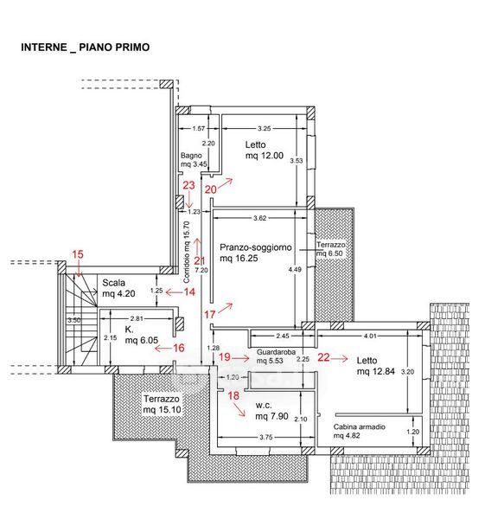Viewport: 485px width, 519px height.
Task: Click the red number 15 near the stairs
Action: tap(78, 254)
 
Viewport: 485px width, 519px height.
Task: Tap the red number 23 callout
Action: tap(188, 185)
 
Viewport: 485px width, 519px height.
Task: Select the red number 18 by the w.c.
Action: tap(233, 395)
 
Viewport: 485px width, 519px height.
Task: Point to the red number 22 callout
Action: tap(323, 357)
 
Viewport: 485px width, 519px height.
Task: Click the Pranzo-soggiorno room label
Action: tap(256, 247)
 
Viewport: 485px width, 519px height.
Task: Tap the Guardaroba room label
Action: tap(276, 352)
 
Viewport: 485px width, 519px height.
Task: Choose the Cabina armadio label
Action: tap(360, 426)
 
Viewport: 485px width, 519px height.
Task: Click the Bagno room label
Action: tap(191, 155)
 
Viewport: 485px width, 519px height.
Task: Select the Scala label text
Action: tap(113, 283)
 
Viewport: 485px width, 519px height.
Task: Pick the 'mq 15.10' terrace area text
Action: tap(163, 409)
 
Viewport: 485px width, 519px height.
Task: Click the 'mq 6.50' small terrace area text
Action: tap(329, 253)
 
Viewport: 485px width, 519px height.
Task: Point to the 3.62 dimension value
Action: tap(259, 218)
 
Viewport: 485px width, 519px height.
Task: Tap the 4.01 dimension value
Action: tap(370, 336)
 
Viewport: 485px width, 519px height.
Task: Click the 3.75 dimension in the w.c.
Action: tap(266, 437)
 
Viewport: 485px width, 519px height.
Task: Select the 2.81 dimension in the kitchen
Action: tap(137, 318)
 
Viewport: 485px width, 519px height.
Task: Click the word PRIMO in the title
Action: tap(131, 47)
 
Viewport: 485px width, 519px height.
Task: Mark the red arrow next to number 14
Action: tap(174, 292)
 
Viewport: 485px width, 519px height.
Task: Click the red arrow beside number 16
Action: tap(163, 349)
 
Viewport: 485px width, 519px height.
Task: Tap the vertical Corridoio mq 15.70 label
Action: tap(187, 253)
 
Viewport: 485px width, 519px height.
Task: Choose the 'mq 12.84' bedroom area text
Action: tap(376, 371)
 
